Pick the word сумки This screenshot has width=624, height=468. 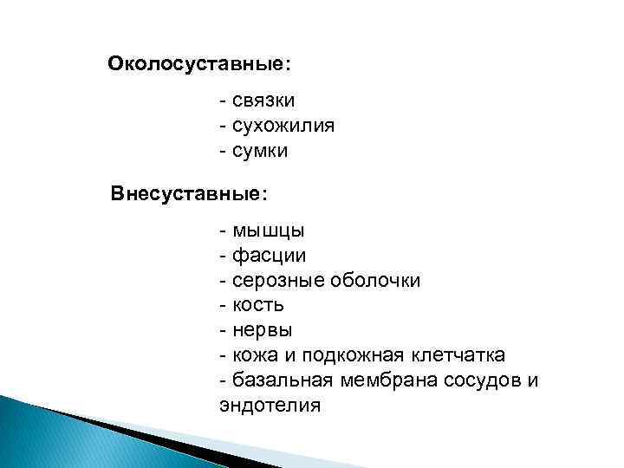click(x=260, y=151)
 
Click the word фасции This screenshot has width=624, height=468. click(x=270, y=256)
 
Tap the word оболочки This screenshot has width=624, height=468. click(x=377, y=281)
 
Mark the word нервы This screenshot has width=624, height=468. click(x=263, y=330)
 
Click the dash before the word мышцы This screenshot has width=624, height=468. click(x=224, y=231)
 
